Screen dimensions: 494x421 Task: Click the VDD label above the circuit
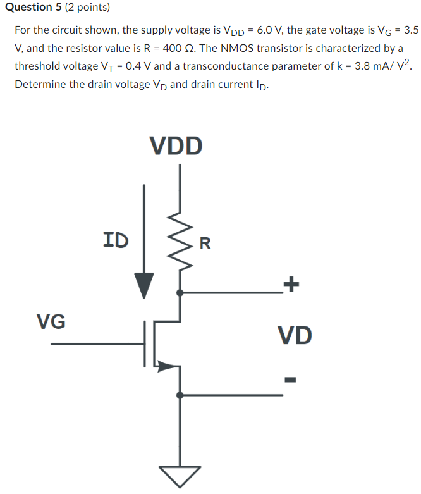[x=176, y=145]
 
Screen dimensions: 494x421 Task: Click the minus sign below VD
[x=290, y=380]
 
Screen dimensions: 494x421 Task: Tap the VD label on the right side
[x=295, y=335]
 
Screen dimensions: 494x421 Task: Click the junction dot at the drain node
[x=180, y=293]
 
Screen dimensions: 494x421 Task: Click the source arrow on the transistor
[x=166, y=365]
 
